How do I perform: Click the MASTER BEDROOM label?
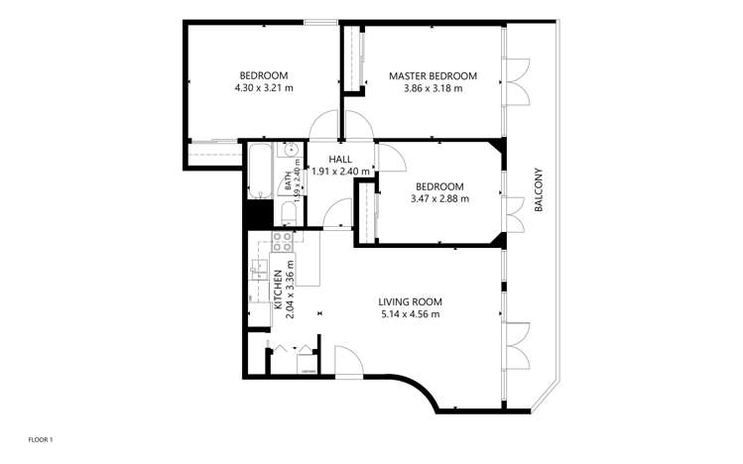click(x=433, y=75)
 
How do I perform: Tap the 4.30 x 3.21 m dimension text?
click(x=264, y=88)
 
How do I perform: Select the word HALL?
click(x=340, y=159)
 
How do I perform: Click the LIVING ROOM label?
click(x=410, y=301)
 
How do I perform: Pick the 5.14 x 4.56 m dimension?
click(x=410, y=314)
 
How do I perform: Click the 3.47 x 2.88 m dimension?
click(x=439, y=198)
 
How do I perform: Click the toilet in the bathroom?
click(x=289, y=214)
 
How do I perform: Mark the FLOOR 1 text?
click(x=41, y=438)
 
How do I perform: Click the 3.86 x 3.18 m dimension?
click(x=433, y=88)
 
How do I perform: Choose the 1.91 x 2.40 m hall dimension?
click(x=340, y=171)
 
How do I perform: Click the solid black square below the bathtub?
click(x=259, y=213)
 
